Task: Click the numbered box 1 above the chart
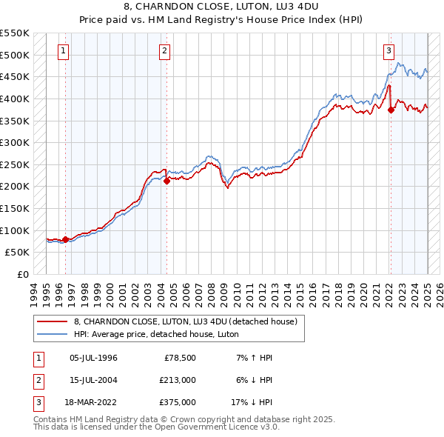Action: coord(64,51)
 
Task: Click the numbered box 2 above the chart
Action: coord(164,51)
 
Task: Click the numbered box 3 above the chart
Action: coord(388,51)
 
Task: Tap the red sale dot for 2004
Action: coord(167,180)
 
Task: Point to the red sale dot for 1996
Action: coord(66,239)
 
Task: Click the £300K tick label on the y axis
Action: coord(15,142)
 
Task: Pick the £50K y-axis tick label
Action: coord(18,252)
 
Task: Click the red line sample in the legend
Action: coord(53,321)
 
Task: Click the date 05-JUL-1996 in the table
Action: coord(93,358)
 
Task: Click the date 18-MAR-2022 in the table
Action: coord(93,402)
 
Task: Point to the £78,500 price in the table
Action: coord(178,358)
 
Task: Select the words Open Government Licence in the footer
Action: coord(209,427)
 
